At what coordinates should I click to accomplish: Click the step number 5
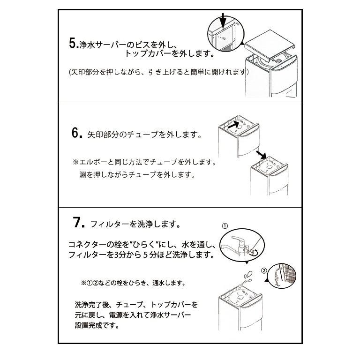[74, 43]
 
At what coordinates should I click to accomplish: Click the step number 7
[79, 222]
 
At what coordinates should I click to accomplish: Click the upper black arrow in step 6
[234, 125]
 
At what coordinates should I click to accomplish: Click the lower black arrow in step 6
[262, 155]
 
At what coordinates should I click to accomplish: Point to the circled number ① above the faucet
[225, 226]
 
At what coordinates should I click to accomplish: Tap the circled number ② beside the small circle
[264, 271]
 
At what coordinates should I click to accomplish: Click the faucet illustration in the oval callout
[236, 246]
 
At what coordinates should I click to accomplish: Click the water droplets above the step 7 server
[248, 276]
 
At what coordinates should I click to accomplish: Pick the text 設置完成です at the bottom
[97, 325]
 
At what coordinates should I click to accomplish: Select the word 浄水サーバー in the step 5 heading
[103, 45]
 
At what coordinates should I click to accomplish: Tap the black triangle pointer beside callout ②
[267, 281]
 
